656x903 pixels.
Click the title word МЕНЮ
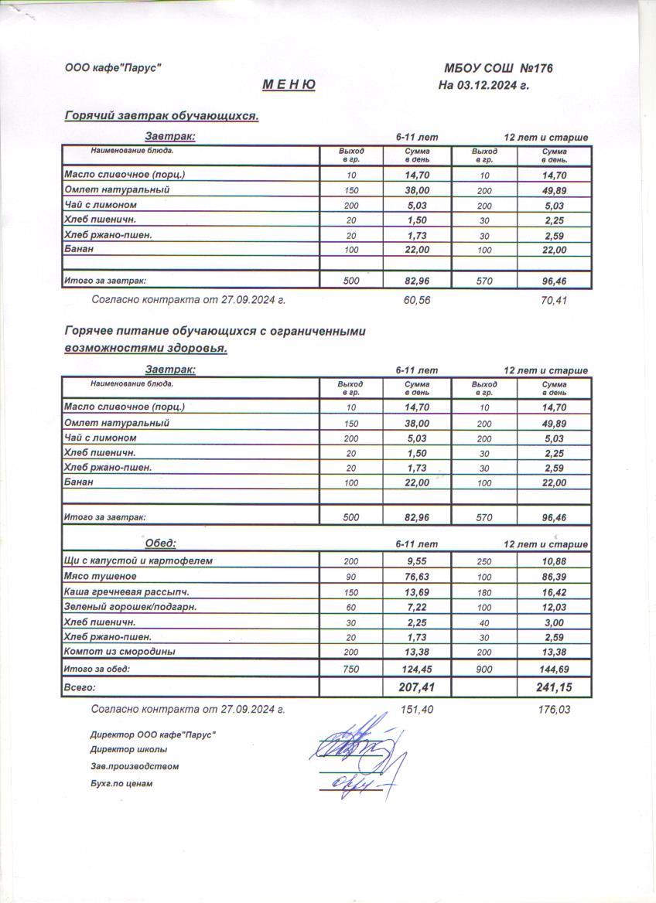coord(289,85)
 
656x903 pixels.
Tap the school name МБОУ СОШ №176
coord(498,69)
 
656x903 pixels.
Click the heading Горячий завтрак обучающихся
coord(161,116)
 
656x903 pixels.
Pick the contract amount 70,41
coord(554,300)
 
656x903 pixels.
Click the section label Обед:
coord(160,543)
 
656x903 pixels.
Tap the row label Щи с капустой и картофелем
coord(138,561)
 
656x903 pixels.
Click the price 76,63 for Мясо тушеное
coord(417,576)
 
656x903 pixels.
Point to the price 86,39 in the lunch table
coord(554,576)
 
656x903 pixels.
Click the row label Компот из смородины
coord(119,652)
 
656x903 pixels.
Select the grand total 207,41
coord(417,687)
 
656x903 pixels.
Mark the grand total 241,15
coord(554,687)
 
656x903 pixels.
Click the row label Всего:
coord(80,687)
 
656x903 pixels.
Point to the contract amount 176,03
coord(554,709)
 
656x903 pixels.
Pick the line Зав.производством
coord(135,766)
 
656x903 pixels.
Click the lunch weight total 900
coord(484,669)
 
